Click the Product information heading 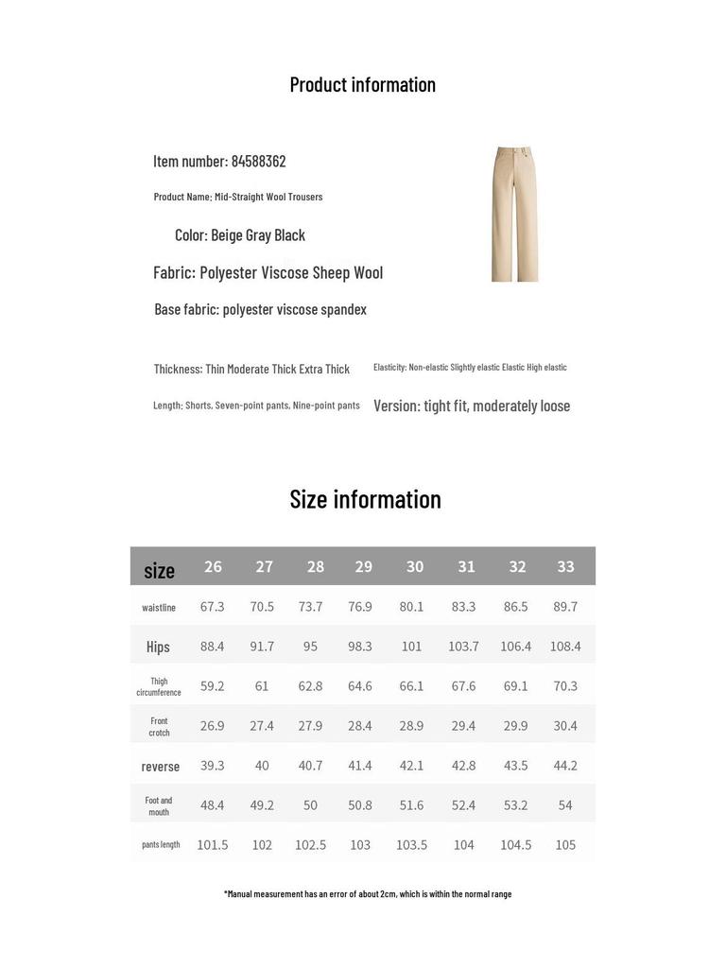coord(362,85)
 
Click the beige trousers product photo coord(514,214)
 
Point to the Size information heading coord(365,499)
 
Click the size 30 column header coord(415,567)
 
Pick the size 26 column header coord(213,567)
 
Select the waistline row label coord(159,608)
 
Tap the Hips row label coord(158,648)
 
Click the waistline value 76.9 coord(360,607)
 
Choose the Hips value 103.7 coord(463,647)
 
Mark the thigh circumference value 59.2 coord(212,686)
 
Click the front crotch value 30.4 coord(565,726)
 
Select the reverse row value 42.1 coord(411,766)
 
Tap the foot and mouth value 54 coord(565,805)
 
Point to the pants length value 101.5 coord(212,845)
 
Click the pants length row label coord(161,845)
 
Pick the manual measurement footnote coord(368,894)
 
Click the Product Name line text coord(238,198)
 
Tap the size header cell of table coord(159,570)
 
